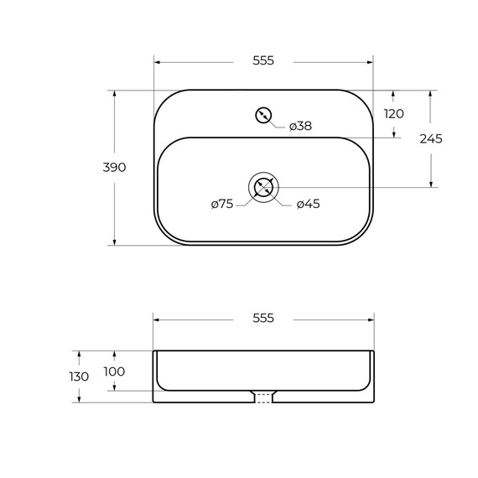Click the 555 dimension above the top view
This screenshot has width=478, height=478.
point(263,60)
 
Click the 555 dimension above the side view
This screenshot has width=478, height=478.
point(263,319)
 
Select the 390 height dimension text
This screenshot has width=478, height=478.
point(114,168)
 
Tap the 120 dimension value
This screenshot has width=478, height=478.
point(394,114)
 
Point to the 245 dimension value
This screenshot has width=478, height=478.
point(431,139)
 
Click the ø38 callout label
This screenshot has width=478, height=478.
point(300,126)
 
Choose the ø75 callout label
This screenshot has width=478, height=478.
point(222,204)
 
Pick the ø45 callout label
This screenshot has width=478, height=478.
point(309,204)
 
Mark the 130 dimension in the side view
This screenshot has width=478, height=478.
point(79,377)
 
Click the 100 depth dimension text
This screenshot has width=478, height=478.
point(114,371)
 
